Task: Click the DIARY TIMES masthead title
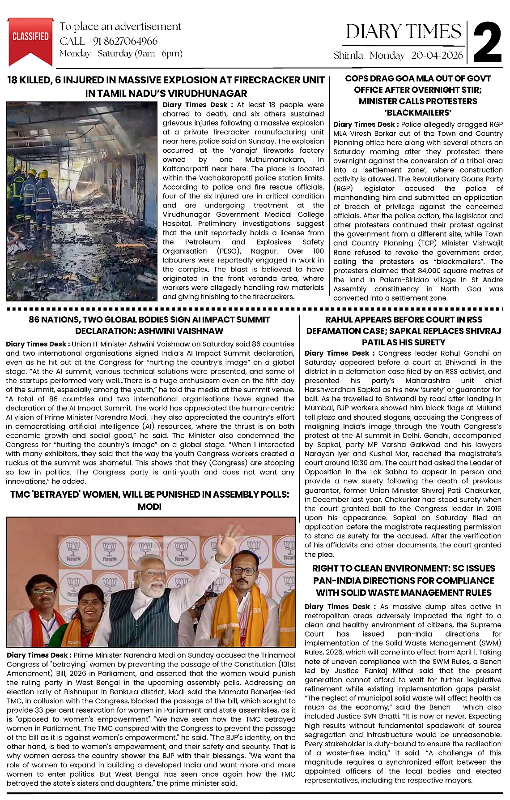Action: pos(403,32)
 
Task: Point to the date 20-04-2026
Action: pos(437,56)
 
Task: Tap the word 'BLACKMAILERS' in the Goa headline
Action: pos(417,112)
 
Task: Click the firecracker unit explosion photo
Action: pos(82,201)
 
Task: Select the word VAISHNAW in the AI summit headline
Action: pos(197,331)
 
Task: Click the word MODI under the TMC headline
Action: pos(149,507)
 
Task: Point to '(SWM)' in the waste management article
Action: pos(491,643)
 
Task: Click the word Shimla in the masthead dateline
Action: pos(348,56)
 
